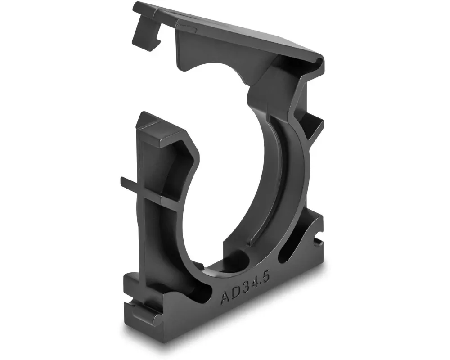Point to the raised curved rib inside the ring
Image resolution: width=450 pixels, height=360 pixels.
270,180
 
